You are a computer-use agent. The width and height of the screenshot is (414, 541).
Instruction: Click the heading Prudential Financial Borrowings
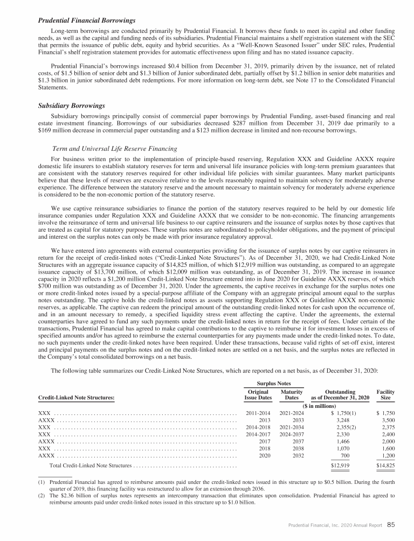tap(86, 20)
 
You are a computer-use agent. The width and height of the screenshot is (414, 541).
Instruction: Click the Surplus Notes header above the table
tap(275, 384)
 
